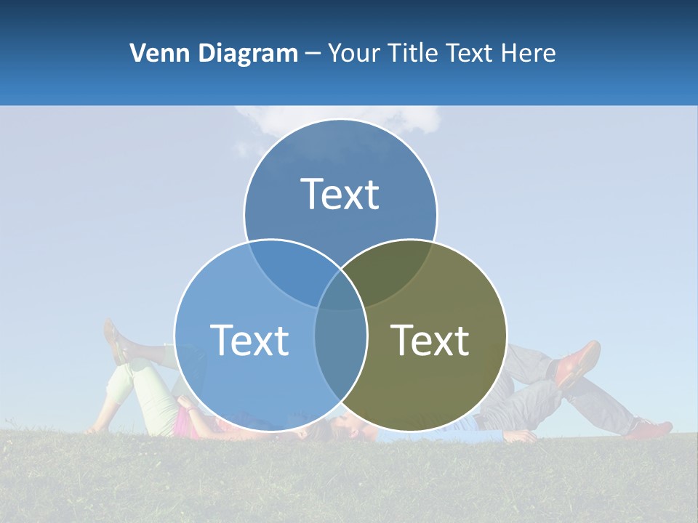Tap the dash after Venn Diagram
coord(313,53)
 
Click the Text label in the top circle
coord(340,194)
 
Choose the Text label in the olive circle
coord(430,340)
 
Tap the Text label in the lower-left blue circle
coord(249,340)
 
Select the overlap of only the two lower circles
coord(340,349)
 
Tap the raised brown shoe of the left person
coord(115,341)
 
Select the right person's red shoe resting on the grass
coord(650,429)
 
